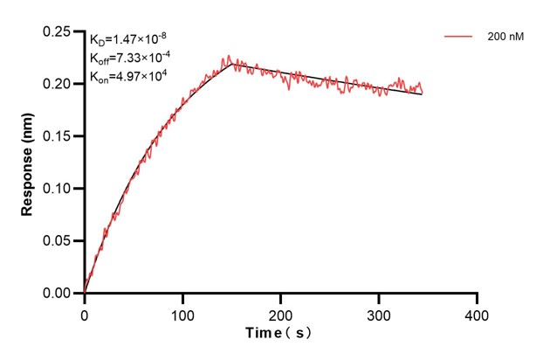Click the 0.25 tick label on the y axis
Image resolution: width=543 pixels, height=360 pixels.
point(60,31)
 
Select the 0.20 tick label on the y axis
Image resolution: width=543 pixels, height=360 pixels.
point(60,84)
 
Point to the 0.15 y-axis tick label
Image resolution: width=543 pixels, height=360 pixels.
point(60,136)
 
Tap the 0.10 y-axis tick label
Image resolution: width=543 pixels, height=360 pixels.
point(60,189)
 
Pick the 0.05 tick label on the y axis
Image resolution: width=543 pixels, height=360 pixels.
point(60,241)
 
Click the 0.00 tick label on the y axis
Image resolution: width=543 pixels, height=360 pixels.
point(60,294)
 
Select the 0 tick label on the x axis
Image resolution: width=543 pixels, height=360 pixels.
point(85,311)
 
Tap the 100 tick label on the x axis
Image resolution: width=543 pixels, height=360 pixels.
point(182,311)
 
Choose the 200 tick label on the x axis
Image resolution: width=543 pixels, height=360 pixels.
point(280,311)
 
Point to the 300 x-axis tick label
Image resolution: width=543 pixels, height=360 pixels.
point(379,311)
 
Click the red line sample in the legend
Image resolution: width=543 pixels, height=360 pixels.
point(459,38)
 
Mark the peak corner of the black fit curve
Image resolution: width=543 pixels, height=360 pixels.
point(231,63)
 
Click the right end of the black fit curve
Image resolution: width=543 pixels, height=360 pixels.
point(423,93)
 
